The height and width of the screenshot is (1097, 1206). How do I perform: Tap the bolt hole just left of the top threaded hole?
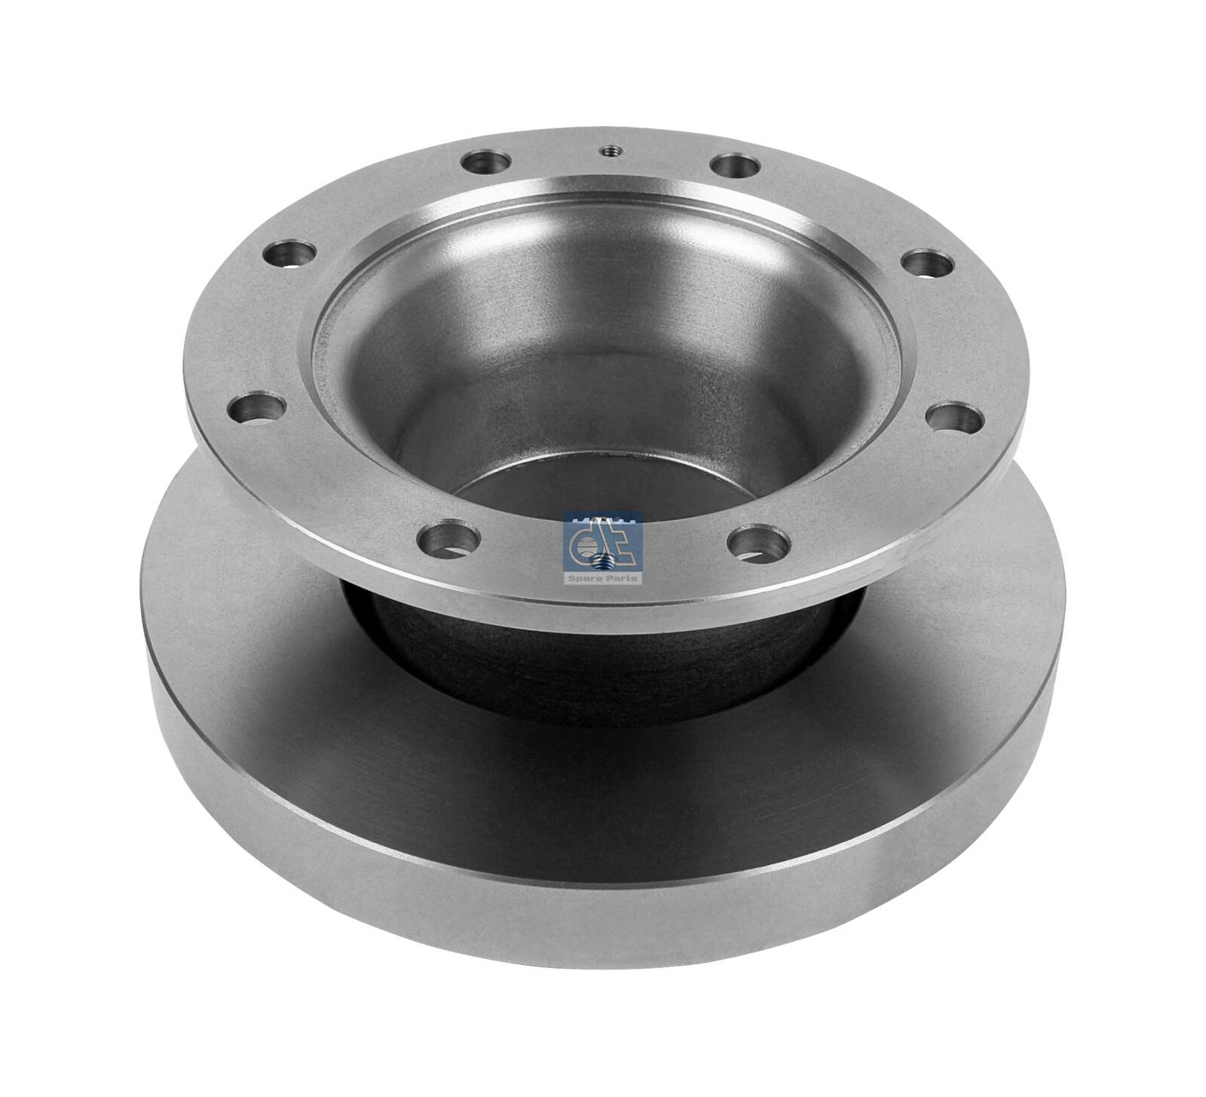click(x=485, y=161)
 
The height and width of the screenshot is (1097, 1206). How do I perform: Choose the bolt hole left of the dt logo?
click(x=450, y=537)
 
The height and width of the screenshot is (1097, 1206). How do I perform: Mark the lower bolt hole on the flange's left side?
click(x=256, y=410)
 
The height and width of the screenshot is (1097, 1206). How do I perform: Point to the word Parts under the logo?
click(x=623, y=579)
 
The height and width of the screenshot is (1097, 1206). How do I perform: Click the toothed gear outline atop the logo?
click(x=603, y=519)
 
